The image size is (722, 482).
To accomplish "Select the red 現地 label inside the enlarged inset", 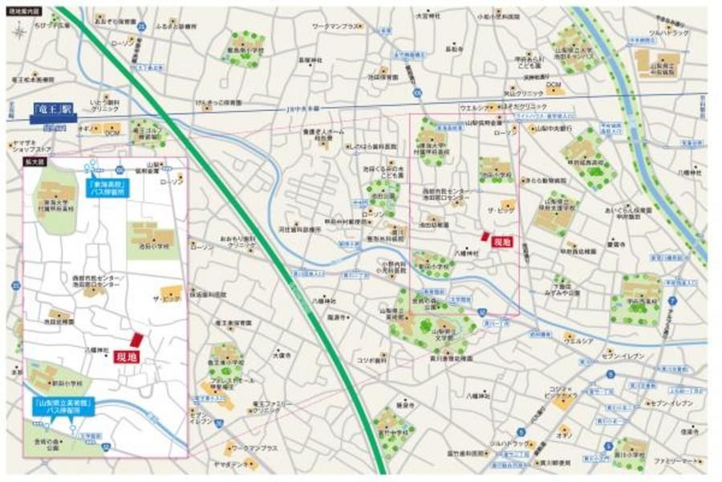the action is click(x=125, y=356).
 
